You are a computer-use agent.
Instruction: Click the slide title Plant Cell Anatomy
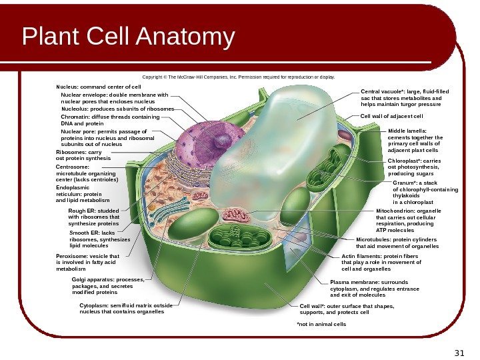pyautogui.click(x=129, y=38)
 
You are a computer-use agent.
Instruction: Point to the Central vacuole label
pyautogui.click(x=405, y=98)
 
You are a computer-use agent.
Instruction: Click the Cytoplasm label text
pyautogui.click(x=125, y=308)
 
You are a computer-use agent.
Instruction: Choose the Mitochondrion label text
pyautogui.click(x=409, y=217)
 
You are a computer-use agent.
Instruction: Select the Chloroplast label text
pyautogui.click(x=414, y=167)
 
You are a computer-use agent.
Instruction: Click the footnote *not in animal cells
pyautogui.click(x=321, y=324)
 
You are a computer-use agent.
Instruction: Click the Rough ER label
pyautogui.click(x=93, y=217)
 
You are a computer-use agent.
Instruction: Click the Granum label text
pyautogui.click(x=425, y=191)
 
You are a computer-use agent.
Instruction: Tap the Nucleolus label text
pyautogui.click(x=117, y=108)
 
